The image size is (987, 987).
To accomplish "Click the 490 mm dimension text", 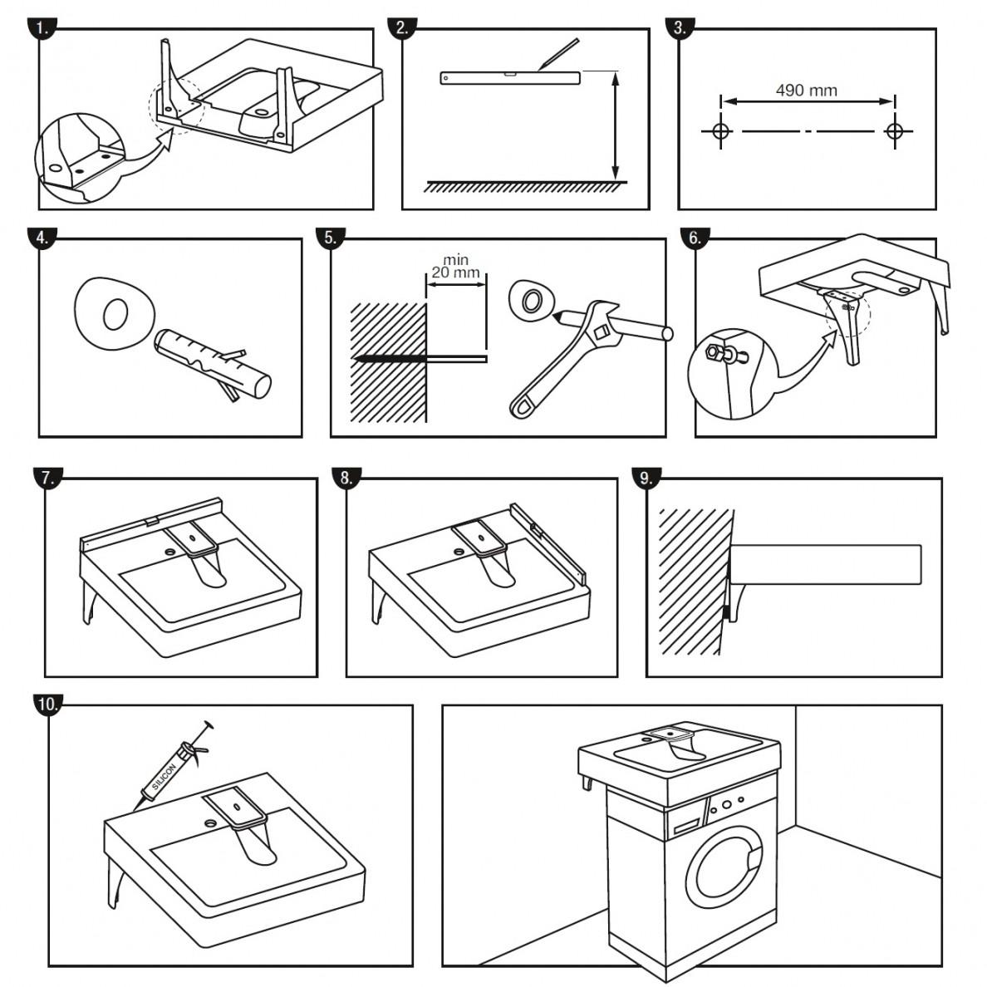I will pos(806,91).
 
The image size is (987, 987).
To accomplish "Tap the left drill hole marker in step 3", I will pos(720,131).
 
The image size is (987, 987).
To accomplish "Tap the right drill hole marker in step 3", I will pos(894,131).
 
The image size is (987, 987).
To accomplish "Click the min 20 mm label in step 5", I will pos(455,267).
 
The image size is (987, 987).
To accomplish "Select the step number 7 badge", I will pos(48,477).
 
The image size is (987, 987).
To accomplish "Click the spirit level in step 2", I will pos(509,78).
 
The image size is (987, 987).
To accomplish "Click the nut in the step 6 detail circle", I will pos(712,352).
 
